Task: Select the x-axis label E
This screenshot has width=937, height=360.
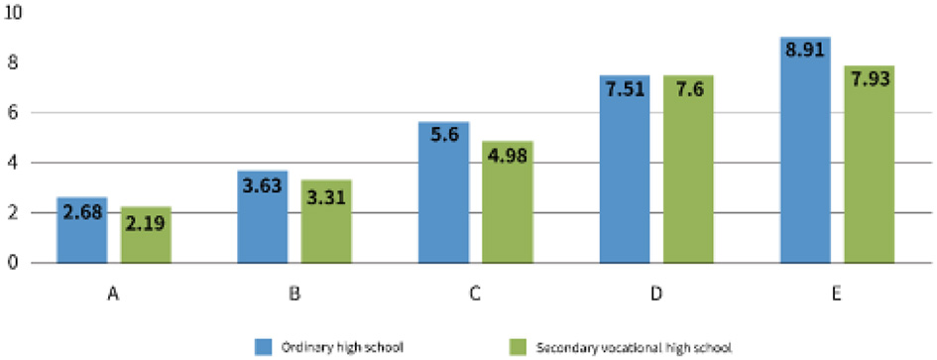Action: click(837, 294)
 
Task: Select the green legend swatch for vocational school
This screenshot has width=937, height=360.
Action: click(517, 345)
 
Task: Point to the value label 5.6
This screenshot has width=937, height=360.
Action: click(443, 136)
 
